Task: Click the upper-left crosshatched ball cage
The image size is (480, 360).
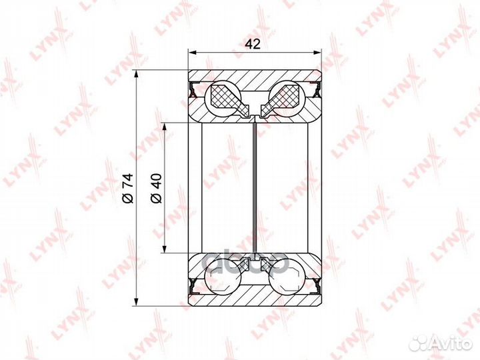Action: [226, 98]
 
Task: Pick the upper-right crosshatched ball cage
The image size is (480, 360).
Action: [284, 98]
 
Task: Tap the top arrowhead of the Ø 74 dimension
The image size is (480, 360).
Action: [136, 73]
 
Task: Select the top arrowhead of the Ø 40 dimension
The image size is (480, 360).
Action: [164, 125]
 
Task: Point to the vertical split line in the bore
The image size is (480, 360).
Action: [255, 187]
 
